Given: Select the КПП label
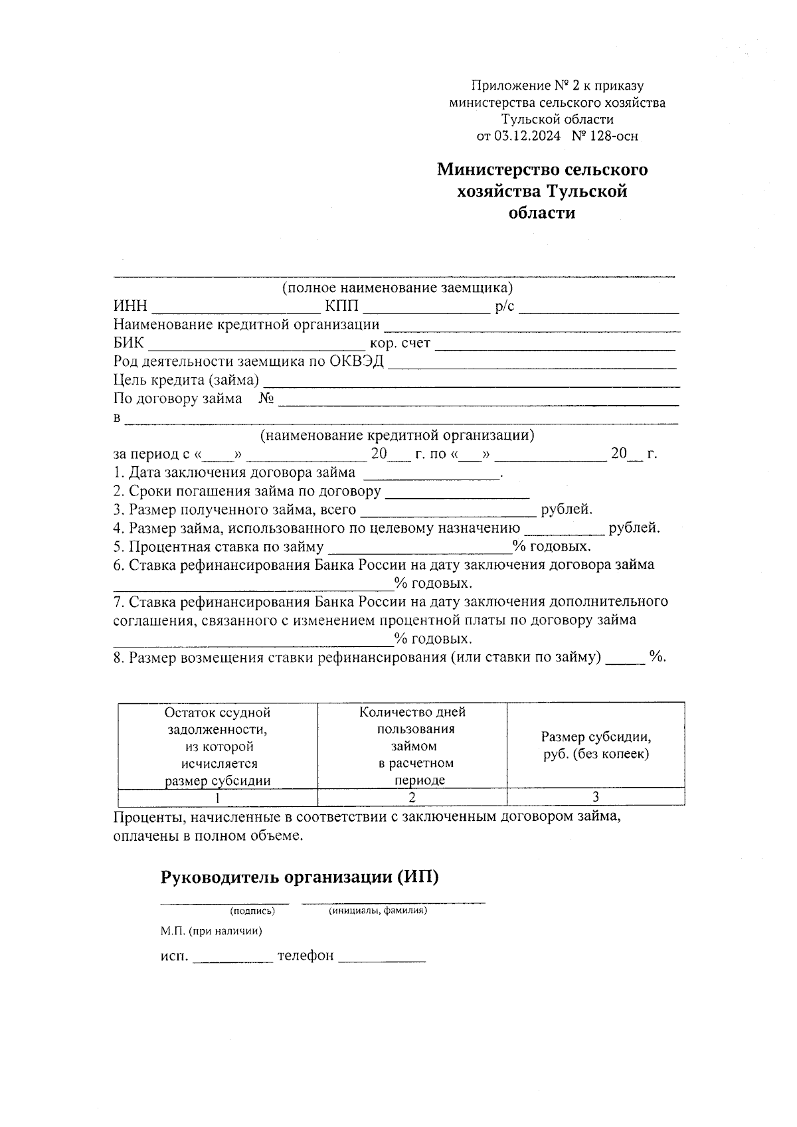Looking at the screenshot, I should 341,307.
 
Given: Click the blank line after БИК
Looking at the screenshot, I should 256,346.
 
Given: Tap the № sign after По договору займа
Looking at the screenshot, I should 267,399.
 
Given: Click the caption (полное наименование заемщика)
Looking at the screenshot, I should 397,288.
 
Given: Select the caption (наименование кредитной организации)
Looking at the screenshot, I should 397,436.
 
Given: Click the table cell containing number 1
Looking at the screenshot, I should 217,797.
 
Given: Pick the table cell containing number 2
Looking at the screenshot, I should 412,797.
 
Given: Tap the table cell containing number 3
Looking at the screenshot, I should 595,797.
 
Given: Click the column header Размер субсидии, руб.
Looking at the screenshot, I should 595,746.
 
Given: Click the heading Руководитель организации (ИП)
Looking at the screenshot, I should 300,877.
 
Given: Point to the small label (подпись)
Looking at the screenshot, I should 252,911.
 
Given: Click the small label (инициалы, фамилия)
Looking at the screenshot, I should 377,911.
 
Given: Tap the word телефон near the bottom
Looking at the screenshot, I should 306,957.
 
